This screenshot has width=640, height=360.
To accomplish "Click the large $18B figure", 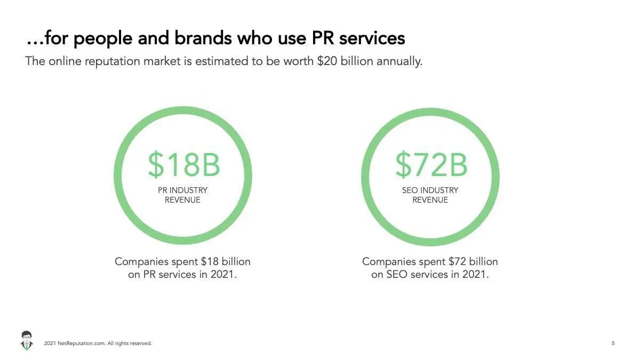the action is point(184,165).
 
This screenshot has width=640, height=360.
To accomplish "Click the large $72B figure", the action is point(431,165).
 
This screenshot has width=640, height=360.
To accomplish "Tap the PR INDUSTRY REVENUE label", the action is point(182,195).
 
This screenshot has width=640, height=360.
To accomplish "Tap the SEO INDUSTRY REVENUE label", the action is point(430,195).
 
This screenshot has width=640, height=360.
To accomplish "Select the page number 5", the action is point(613,343).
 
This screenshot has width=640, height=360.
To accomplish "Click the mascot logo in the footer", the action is point(27,341).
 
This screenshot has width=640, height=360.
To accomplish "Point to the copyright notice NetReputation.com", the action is point(98,343).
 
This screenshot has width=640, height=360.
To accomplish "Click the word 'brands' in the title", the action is point(203,38).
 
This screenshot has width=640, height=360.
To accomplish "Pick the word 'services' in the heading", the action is point(372,38).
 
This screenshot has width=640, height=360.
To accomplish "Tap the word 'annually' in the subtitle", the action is point(399,62).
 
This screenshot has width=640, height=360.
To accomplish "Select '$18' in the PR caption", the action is point(210,261).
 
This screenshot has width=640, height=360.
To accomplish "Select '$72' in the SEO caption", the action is point(457,261).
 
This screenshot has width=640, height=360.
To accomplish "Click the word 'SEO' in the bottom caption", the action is point(397,275).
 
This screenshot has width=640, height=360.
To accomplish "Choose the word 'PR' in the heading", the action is point(323,38).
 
